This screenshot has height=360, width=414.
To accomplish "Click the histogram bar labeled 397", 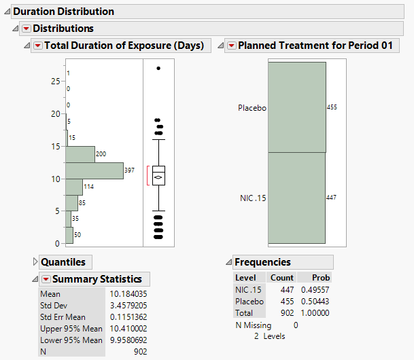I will [x=94, y=170].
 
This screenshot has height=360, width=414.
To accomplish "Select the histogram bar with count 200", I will [x=80, y=154].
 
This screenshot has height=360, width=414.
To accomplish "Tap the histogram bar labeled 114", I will [x=74, y=187].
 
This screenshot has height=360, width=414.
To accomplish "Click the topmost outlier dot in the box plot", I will [x=158, y=69].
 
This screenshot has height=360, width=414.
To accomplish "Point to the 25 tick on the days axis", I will [x=56, y=81].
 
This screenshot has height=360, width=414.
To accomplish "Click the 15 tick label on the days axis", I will [x=56, y=146].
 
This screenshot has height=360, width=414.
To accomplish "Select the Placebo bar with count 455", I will [x=297, y=107].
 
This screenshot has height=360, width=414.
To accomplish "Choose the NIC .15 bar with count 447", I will [x=297, y=198].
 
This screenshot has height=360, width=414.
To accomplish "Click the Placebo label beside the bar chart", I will [x=252, y=108].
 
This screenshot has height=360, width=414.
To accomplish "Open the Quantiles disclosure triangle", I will [x=35, y=262].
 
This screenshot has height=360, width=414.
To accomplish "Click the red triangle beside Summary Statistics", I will [x=46, y=279].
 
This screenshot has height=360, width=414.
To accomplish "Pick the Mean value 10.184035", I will [x=128, y=294].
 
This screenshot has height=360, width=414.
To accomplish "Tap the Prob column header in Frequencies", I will [x=321, y=278].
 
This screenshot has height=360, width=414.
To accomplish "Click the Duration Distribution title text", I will [x=64, y=12].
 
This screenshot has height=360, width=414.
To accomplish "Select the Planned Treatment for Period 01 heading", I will [x=318, y=46].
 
